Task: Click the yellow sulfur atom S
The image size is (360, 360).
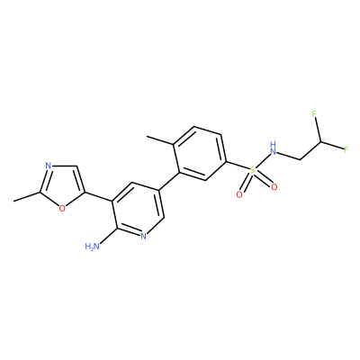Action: pyautogui.click(x=253, y=171)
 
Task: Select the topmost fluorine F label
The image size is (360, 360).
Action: pyautogui.click(x=314, y=114)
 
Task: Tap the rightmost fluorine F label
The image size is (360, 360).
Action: pyautogui.click(x=346, y=149)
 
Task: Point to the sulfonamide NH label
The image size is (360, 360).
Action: pyautogui.click(x=273, y=148)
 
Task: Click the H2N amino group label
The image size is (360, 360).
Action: pyautogui.click(x=92, y=247)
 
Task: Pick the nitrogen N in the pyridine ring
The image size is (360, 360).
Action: pyautogui.click(x=143, y=236)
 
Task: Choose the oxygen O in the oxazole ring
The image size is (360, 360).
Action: pyautogui.click(x=62, y=208)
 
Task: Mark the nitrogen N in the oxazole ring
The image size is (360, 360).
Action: pyautogui.click(x=48, y=166)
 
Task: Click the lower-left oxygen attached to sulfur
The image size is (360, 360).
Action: pyautogui.click(x=239, y=194)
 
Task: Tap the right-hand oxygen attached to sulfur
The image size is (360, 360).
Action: pyautogui.click(x=274, y=187)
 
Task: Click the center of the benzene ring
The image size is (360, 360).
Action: pyautogui.click(x=200, y=154)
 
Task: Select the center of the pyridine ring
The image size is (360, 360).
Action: pyautogui.click(x=137, y=209)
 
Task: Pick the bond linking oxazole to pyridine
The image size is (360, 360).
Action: pyautogui.click(x=98, y=196)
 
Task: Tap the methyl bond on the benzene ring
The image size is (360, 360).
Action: pyautogui.click(x=160, y=140)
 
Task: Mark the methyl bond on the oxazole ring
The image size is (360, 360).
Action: pyautogui.click(x=27, y=196)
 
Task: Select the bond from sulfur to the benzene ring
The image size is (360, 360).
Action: pyautogui.click(x=238, y=166)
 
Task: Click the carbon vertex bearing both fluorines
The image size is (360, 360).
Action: pyautogui.click(x=320, y=141)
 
